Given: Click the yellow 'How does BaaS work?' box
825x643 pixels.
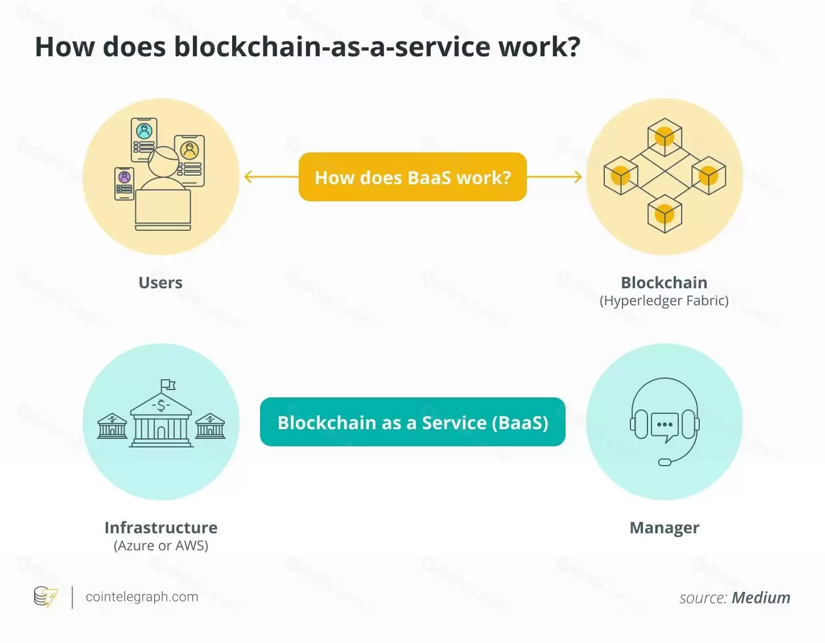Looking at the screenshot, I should (x=412, y=177).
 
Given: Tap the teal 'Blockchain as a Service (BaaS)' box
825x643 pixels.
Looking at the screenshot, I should (x=412, y=422).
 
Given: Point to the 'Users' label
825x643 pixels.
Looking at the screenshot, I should (x=160, y=283).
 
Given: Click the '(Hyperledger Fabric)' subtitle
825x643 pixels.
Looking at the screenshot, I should (x=664, y=301).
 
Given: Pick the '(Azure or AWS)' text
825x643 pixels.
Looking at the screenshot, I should (x=161, y=546).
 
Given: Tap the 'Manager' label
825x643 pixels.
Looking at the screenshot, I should (x=664, y=528).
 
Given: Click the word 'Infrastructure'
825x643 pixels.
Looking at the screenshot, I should (x=161, y=528).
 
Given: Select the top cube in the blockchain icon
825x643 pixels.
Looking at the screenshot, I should (x=665, y=137).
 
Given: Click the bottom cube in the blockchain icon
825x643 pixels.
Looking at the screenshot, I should (x=665, y=214).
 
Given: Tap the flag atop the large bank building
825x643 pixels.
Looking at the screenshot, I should (x=168, y=385).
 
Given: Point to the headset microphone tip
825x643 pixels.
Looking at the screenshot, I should (x=665, y=462).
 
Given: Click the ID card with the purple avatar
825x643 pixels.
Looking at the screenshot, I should (x=125, y=184).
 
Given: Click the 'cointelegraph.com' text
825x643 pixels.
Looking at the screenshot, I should (x=142, y=597).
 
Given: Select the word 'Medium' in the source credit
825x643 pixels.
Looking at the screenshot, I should (x=761, y=598).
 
